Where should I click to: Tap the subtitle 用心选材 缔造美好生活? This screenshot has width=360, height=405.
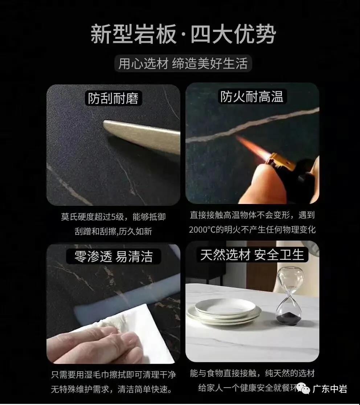183,64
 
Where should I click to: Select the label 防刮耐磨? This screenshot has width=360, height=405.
113,98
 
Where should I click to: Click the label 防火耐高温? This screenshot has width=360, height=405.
251,97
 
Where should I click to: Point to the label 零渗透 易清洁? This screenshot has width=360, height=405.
113,256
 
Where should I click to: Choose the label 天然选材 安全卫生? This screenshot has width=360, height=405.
252,255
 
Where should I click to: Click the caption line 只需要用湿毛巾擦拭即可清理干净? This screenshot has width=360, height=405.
113,375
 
